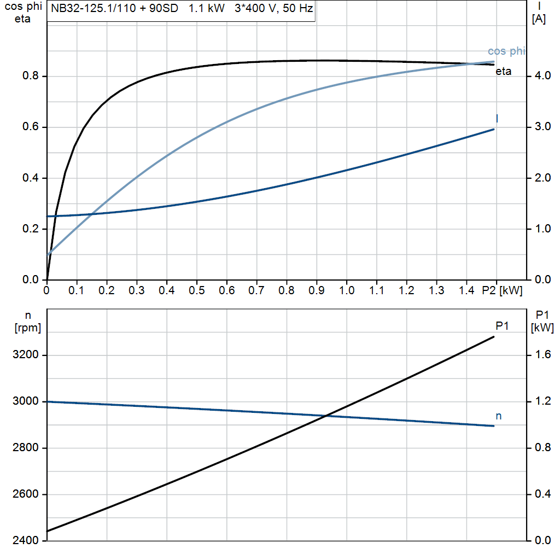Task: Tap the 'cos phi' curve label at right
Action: click(x=506, y=51)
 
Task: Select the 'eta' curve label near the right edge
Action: click(x=504, y=71)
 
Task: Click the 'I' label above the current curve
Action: click(x=497, y=118)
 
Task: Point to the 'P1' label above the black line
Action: click(x=502, y=326)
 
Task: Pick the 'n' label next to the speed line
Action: click(x=498, y=416)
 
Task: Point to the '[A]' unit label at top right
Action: click(x=539, y=19)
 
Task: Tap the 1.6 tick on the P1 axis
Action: click(x=542, y=355)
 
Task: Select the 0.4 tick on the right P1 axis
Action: click(x=542, y=494)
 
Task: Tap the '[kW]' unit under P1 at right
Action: click(x=542, y=328)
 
